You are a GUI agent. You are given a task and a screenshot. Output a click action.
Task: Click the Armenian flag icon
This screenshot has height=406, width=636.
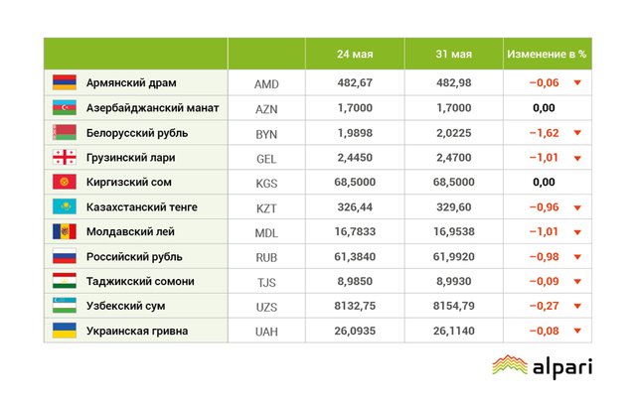click(x=64, y=83)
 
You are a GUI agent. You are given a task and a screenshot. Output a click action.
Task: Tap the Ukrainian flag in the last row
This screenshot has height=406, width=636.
click(x=64, y=331)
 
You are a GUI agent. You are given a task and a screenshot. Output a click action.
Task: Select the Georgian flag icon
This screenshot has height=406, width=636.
click(x=64, y=158)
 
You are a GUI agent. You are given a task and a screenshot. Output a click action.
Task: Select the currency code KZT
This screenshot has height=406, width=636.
click(x=266, y=207)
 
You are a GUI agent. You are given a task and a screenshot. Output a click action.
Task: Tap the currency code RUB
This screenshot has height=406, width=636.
click(x=266, y=257)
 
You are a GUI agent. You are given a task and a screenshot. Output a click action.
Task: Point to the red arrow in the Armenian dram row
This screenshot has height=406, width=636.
click(x=577, y=83)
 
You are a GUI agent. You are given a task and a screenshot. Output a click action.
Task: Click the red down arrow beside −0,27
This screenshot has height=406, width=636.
click(x=577, y=307)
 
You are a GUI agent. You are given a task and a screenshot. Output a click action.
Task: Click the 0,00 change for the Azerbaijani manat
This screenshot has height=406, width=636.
click(x=544, y=108)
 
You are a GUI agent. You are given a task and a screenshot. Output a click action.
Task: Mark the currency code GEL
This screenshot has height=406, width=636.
click(x=266, y=158)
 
